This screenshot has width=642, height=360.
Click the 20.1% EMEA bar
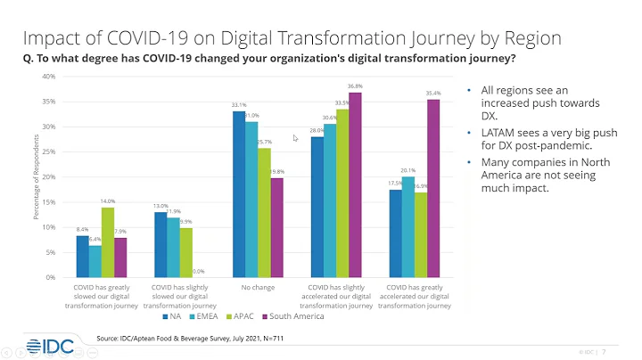407,226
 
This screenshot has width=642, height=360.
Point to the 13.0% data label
160,205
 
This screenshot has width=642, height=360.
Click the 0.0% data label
199,272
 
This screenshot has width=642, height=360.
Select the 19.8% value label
276,171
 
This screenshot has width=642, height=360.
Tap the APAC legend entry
240,316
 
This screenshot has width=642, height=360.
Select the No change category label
257,287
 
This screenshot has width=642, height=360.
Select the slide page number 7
605,350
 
